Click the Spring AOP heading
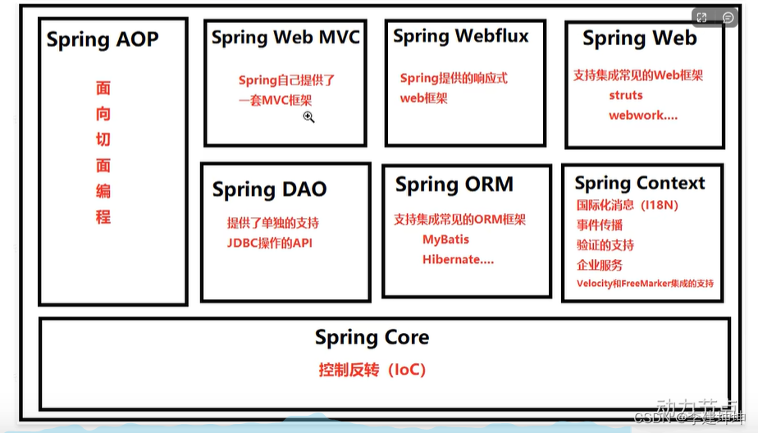pos(103,40)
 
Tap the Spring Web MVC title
pos(285,38)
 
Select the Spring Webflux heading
pos(461,36)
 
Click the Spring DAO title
pos(269,189)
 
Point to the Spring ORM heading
pos(454,185)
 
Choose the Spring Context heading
pos(640,183)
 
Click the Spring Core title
pos(372,337)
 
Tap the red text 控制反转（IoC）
pos(372,370)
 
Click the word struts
pos(626,95)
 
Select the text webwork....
pos(642,116)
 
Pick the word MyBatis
pos(445,239)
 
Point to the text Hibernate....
pos(458,259)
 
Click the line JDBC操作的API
pos(270,243)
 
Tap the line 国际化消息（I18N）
pos(628,205)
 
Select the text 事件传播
pos(600,225)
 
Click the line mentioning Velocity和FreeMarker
pos(645,284)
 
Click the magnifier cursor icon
pos(308,117)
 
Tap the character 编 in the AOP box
pos(103,192)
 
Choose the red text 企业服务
pos(600,265)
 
